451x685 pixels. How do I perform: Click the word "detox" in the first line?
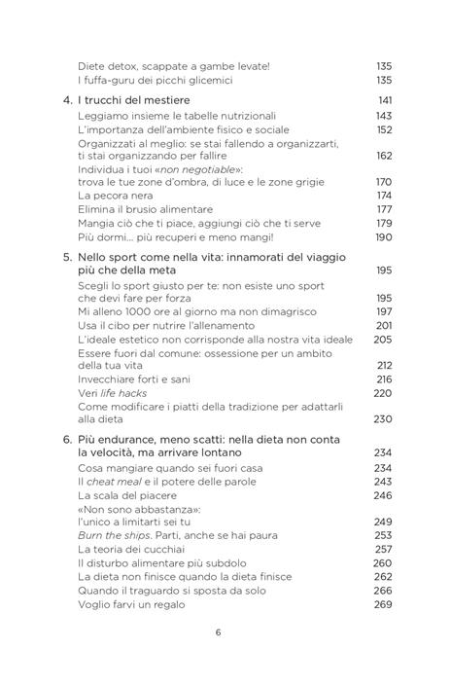click(116, 65)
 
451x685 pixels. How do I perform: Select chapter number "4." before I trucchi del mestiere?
click(66, 101)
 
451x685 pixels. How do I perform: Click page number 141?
click(383, 101)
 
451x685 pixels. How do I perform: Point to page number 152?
click(383, 130)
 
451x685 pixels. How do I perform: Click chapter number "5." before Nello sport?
click(66, 257)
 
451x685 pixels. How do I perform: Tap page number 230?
click(383, 419)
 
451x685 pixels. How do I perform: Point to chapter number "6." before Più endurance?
click(66, 441)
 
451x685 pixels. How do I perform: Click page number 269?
click(383, 603)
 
